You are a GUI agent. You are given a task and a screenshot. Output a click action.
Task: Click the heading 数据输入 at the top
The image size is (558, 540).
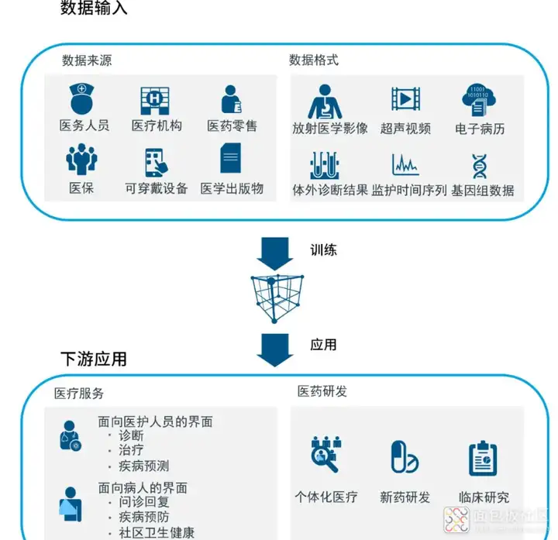94,9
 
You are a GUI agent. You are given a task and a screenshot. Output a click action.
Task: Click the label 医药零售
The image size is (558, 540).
232,126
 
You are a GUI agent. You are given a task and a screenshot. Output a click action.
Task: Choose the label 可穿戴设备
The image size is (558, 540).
156,188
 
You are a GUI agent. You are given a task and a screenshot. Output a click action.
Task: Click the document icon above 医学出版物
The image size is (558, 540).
231,159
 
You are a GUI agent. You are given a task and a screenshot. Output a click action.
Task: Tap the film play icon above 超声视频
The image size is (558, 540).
405,98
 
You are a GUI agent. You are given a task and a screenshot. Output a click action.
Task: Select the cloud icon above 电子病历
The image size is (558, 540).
480,99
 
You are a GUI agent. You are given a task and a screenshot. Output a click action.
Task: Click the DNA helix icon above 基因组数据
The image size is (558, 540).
480,166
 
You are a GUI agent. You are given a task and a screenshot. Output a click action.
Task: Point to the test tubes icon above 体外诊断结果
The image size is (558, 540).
330,165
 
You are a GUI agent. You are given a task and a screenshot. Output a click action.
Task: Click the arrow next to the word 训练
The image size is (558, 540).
275,253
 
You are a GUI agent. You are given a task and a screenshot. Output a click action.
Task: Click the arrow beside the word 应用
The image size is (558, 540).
275,349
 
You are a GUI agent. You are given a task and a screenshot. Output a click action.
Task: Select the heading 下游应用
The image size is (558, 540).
94,359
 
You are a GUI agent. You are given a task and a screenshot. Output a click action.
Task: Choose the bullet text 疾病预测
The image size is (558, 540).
144,466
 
